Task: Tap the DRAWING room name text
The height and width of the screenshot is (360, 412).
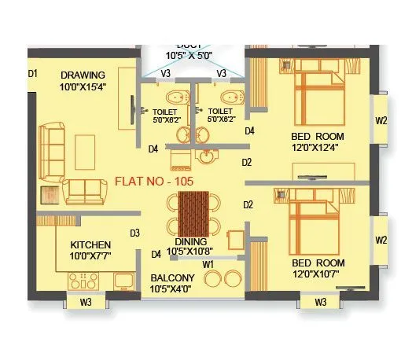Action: click(84, 75)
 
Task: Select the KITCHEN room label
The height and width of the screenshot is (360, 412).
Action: click(90, 244)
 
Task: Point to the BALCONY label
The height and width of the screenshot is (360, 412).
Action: click(172, 278)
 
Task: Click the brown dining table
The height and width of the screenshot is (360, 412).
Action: click(193, 213)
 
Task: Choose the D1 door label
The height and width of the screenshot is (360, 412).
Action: click(33, 74)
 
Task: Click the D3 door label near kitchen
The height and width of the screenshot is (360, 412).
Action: click(134, 233)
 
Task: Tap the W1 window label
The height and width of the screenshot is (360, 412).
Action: click(208, 265)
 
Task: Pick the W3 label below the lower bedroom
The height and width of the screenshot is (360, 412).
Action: click(321, 302)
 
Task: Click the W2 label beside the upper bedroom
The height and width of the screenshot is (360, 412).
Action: click(381, 121)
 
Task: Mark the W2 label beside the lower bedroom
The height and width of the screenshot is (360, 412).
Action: click(381, 240)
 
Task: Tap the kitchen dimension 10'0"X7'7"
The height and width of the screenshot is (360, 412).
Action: click(90, 256)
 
